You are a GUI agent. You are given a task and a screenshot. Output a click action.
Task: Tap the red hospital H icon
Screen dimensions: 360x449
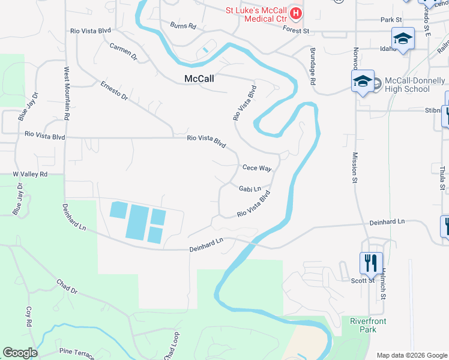pos(295,13)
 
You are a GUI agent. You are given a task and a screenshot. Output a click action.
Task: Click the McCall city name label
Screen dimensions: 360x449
pos(199,79)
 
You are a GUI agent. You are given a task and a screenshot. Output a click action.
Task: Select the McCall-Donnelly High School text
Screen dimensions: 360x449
pos(407,85)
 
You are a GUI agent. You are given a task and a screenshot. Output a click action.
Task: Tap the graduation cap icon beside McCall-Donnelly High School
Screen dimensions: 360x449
pos(363,82)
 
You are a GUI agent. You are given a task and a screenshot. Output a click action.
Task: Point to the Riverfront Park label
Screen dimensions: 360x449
pos(368,325)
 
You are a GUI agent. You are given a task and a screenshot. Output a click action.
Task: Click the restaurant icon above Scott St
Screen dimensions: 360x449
pos(370,262)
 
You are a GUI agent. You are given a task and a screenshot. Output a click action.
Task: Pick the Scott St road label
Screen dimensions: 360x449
pos(363,280)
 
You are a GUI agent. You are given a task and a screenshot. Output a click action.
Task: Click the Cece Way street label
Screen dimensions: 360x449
pos(257,168)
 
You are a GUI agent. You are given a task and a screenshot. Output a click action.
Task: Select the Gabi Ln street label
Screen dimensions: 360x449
pos(250,188)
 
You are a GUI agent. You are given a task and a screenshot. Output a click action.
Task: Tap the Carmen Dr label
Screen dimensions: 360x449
pos(124,52)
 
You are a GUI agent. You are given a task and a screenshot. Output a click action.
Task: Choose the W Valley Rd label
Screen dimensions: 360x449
pos(30,174)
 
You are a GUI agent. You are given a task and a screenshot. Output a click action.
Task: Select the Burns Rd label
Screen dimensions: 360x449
pos(183,26)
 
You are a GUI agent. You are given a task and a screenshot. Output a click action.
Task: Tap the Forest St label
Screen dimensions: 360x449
pos(296,29)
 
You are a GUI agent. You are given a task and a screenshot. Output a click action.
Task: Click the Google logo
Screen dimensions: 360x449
pos(20,353)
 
